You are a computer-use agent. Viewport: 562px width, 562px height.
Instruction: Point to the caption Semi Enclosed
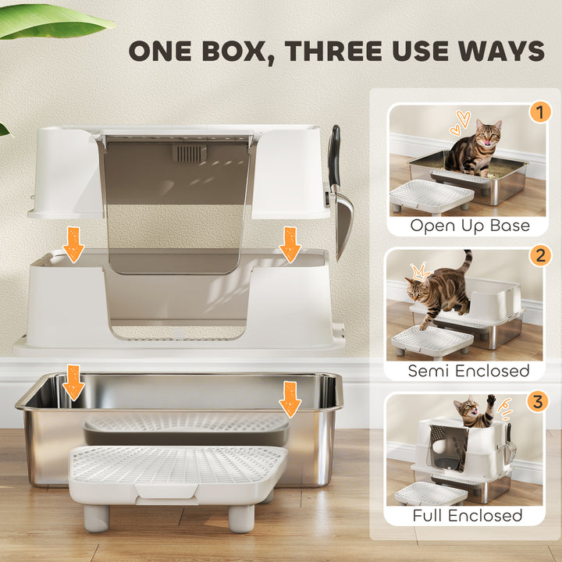click(x=469, y=370)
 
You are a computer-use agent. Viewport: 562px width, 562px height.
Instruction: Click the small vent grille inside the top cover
click(x=189, y=151)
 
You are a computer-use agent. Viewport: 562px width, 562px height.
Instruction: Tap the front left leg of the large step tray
click(x=95, y=517)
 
